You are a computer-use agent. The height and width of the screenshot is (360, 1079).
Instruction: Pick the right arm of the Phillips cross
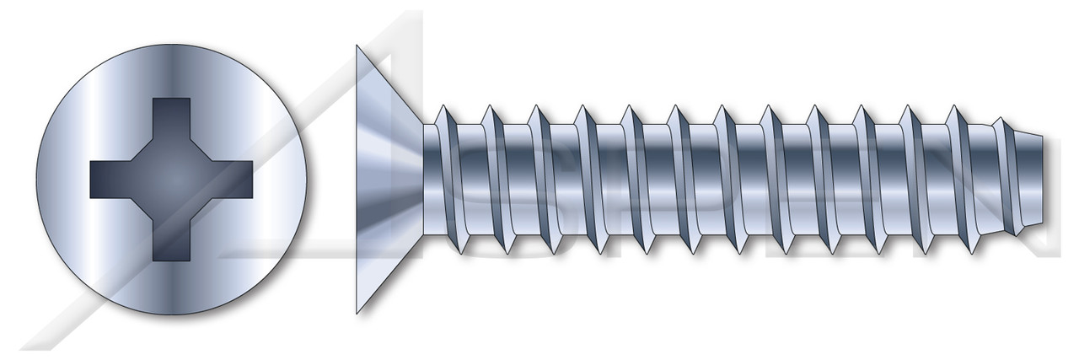235,180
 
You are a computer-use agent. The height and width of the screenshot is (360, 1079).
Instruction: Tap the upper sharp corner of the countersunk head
357,47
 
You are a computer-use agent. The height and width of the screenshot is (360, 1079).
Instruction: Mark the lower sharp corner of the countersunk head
357,312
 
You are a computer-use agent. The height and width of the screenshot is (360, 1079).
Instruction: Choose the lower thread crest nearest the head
463,251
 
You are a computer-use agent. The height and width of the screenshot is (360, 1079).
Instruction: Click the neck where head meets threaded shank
428,180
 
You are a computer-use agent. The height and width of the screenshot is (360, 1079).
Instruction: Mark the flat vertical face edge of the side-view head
357,180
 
